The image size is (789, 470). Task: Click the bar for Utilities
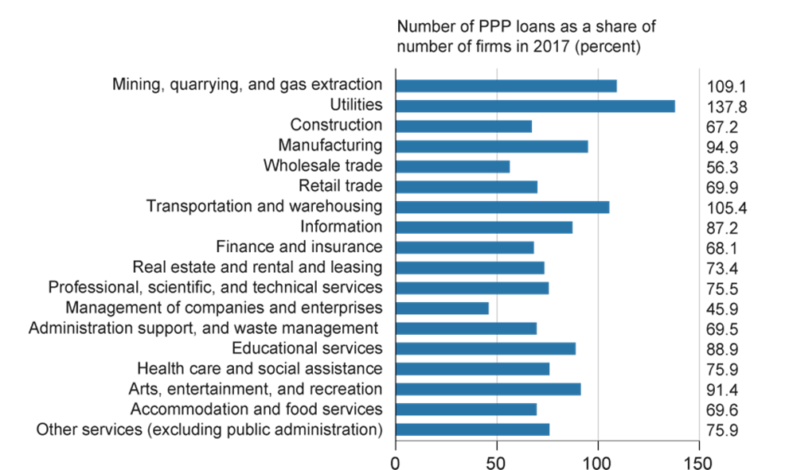535,107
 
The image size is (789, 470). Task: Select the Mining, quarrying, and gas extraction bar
506,86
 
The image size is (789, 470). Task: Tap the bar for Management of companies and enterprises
443,309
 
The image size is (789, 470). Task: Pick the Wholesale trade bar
453,167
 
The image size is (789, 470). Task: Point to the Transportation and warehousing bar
503,208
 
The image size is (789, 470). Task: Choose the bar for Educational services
486,349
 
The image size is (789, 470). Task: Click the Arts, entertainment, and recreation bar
489,390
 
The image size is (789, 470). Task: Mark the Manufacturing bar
492,146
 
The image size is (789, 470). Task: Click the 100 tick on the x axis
597,462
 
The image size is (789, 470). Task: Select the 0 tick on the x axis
396,462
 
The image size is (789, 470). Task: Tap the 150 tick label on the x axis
697,462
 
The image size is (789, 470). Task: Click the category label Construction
336,126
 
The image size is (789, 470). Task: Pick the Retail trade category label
340,187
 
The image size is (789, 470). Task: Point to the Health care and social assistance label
260,369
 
